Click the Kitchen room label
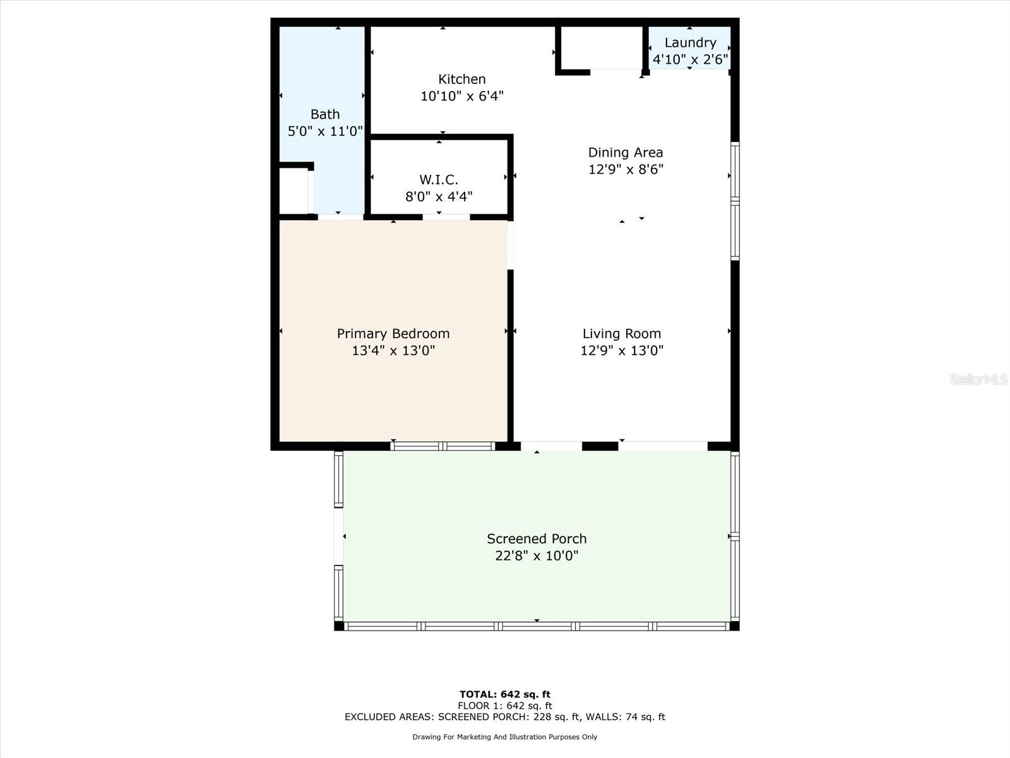click(461, 79)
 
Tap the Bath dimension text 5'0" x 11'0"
click(325, 131)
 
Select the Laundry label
click(690, 42)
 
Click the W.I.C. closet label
click(439, 179)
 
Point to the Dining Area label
click(625, 152)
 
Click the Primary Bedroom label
click(393, 334)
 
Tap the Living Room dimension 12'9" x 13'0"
click(621, 351)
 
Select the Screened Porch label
click(536, 539)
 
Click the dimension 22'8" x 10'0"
click(536, 556)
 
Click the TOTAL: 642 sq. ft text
click(504, 694)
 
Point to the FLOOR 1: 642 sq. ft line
click(504, 706)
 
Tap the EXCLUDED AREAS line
click(504, 717)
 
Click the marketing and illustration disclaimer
click(504, 737)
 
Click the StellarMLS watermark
click(978, 379)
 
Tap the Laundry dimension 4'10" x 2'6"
click(690, 59)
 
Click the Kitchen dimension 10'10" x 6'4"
click(461, 96)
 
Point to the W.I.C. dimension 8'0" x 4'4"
click(439, 196)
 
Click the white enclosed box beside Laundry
click(601, 48)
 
